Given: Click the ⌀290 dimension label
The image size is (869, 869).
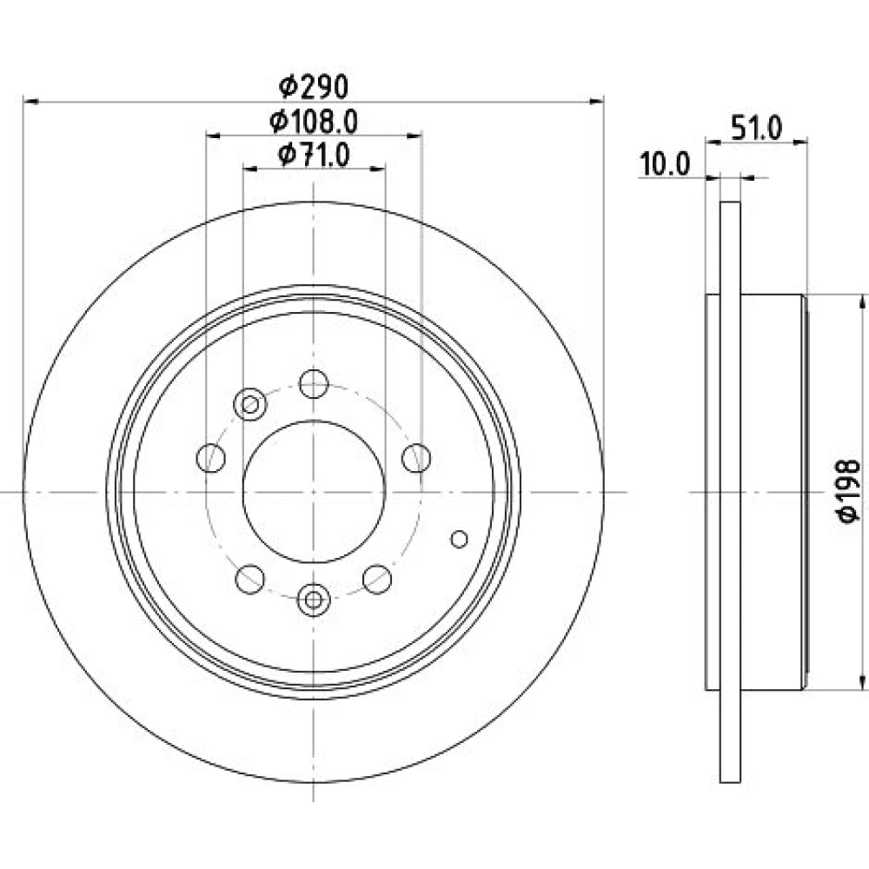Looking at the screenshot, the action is point(313,86).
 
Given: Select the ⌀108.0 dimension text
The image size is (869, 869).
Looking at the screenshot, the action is point(314,122).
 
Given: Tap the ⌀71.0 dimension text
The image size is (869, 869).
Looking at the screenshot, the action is point(314,155).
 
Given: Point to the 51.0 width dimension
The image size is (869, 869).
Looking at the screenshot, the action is point(756,129).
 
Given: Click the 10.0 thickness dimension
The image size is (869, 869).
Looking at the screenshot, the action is point(665,164).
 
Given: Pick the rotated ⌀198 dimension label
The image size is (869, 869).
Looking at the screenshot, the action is point(848,490).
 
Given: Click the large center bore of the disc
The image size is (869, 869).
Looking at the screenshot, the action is point(314,492).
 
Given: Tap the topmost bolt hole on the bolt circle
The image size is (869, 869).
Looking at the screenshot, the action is point(314,383).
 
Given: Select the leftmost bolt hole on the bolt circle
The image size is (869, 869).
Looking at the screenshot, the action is point(210,458).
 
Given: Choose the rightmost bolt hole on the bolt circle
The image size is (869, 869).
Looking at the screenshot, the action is point(416,458).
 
